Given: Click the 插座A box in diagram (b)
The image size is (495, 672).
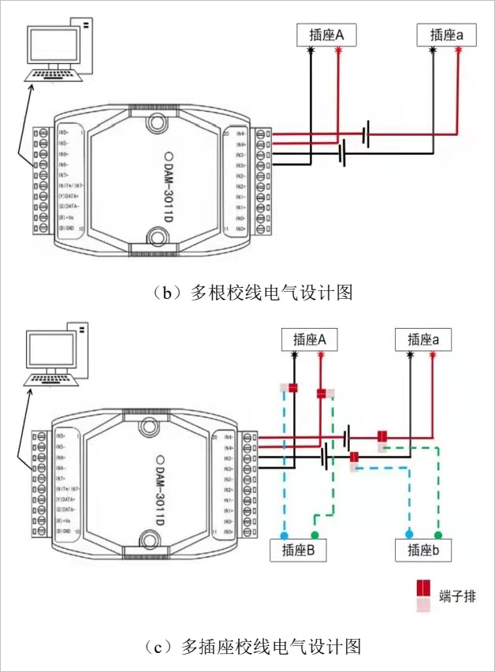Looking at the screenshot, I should (x=324, y=35).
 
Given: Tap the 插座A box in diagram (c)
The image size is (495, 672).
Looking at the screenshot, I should (x=308, y=340).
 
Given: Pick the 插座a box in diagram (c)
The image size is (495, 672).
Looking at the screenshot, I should (x=424, y=340).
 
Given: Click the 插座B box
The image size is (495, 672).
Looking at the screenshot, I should (x=298, y=551).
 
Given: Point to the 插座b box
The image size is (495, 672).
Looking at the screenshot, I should (x=424, y=551).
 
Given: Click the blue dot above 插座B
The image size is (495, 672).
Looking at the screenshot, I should (x=285, y=534).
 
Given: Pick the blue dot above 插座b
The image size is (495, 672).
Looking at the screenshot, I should (x=409, y=534).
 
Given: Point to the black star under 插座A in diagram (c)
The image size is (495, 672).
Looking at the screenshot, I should (x=294, y=356).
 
